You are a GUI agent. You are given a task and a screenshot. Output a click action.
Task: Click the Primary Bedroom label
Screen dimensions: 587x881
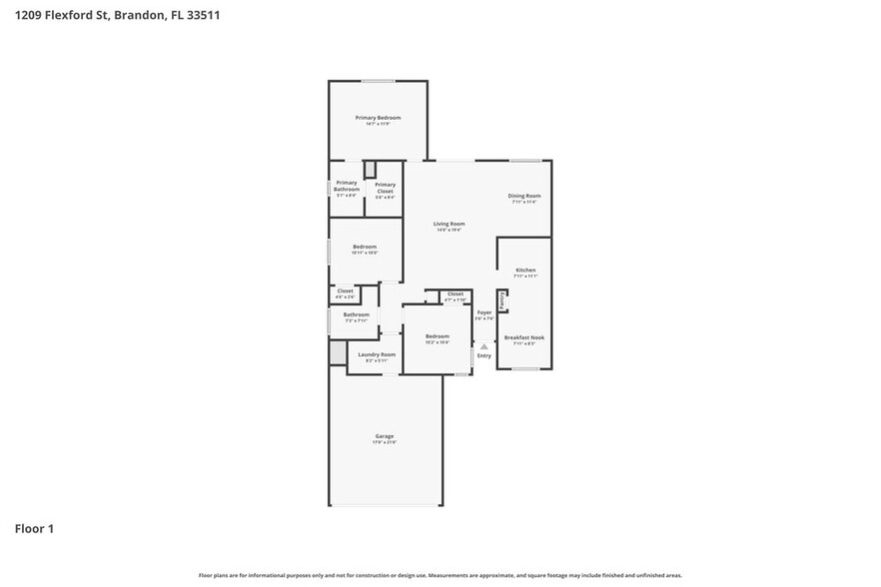[378, 118]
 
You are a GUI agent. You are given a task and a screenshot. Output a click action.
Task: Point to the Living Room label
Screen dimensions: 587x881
[449, 224]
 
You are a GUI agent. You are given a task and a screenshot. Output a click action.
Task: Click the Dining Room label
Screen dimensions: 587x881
[524, 196]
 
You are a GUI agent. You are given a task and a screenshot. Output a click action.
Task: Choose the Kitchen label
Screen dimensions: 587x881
[525, 271]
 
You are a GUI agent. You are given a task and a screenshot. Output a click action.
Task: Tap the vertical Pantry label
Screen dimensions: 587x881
[501, 300]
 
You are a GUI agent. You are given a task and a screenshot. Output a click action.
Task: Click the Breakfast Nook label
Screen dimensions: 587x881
[524, 338]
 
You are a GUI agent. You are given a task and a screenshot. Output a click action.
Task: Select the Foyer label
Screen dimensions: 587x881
[484, 312]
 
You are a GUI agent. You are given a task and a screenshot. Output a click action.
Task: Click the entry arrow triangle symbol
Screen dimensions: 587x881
[483, 345]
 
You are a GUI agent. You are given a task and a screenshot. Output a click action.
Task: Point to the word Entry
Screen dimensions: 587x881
[484, 355]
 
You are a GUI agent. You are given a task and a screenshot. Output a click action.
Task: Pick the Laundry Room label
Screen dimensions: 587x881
[377, 354]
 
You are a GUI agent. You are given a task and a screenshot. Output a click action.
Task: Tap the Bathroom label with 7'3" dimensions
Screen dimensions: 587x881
[357, 314]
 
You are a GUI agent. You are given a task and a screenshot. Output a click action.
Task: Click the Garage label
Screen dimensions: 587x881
[385, 436]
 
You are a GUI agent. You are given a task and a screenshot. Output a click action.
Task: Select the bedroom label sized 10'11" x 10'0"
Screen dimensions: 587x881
[365, 247]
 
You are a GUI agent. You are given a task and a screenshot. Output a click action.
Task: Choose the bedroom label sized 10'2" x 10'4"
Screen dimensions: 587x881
[438, 336]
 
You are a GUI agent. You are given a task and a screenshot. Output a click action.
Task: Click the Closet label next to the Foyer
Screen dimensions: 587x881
[454, 293]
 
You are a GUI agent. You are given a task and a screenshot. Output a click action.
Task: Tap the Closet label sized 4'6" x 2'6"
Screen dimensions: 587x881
[345, 291]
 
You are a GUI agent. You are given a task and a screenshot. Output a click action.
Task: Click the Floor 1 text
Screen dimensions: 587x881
[34, 528]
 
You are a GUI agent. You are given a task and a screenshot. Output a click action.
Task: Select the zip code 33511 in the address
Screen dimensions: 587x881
[201, 15]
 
